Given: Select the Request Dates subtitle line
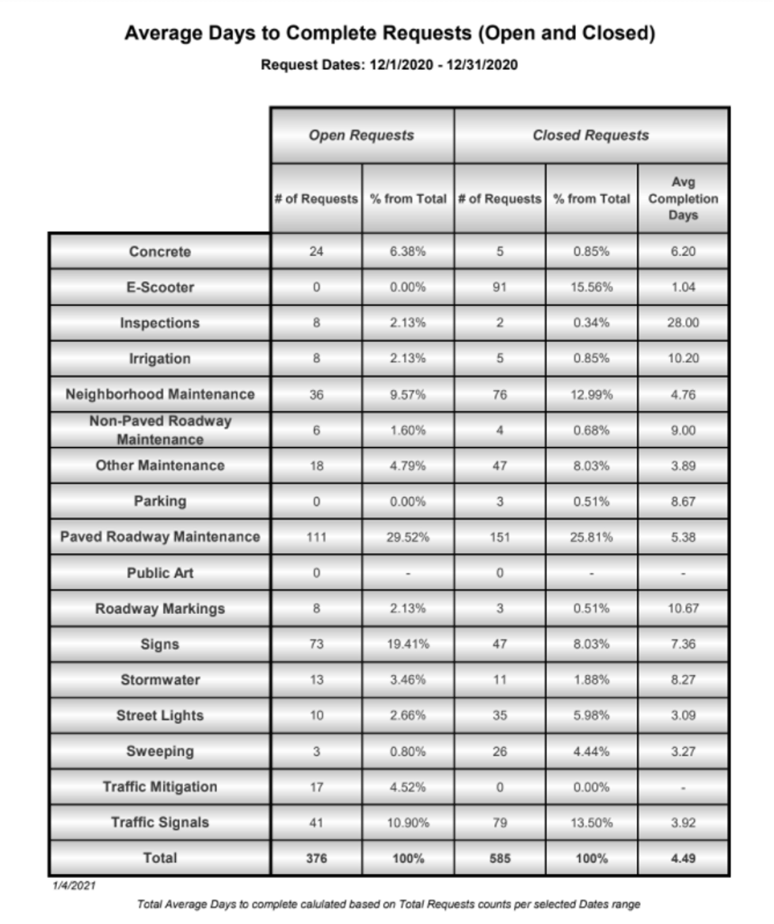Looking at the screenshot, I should point(390,65).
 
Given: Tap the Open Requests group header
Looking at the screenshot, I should point(361,136).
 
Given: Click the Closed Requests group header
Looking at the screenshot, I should point(590,136).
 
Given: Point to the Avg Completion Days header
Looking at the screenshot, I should point(683,198).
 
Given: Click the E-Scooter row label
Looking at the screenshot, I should point(160,288).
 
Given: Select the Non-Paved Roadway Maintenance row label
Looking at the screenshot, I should point(160,430).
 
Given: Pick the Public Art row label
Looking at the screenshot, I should point(160,573).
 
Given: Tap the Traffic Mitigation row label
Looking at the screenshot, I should point(160,787).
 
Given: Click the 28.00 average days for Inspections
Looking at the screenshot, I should point(683,323).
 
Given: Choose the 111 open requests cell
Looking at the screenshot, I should point(316,537).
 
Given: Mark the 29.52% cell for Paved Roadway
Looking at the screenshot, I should point(409,537).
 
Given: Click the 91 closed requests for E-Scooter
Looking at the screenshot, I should point(500,288).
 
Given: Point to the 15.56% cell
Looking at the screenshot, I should point(592,288).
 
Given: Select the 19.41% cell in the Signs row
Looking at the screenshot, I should point(409,644).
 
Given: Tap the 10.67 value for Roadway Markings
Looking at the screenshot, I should point(683,609).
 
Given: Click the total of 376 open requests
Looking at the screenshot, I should point(316,857).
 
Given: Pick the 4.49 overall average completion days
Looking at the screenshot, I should point(683,857).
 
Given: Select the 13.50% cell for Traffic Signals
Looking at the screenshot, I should point(592,823).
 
